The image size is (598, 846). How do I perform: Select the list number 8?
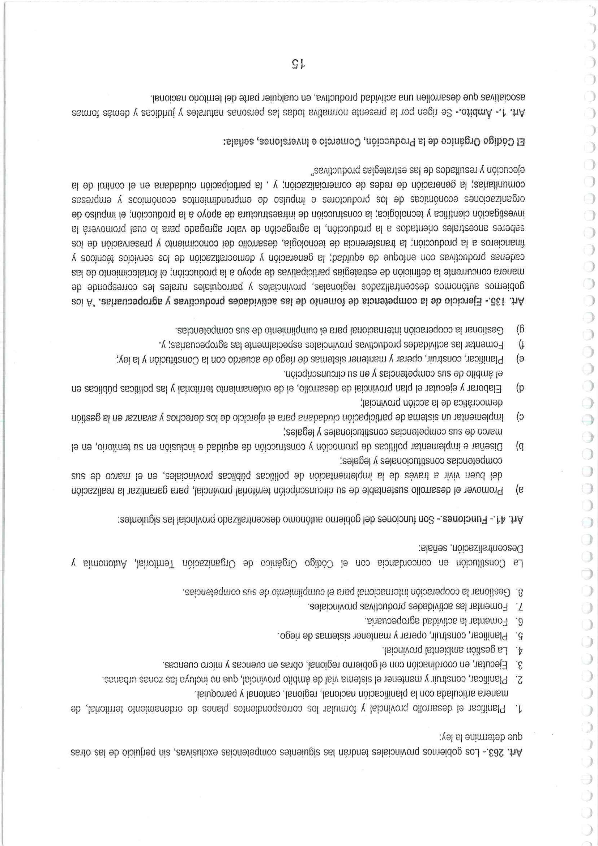point(520,593)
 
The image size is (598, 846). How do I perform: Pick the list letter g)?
point(520,329)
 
